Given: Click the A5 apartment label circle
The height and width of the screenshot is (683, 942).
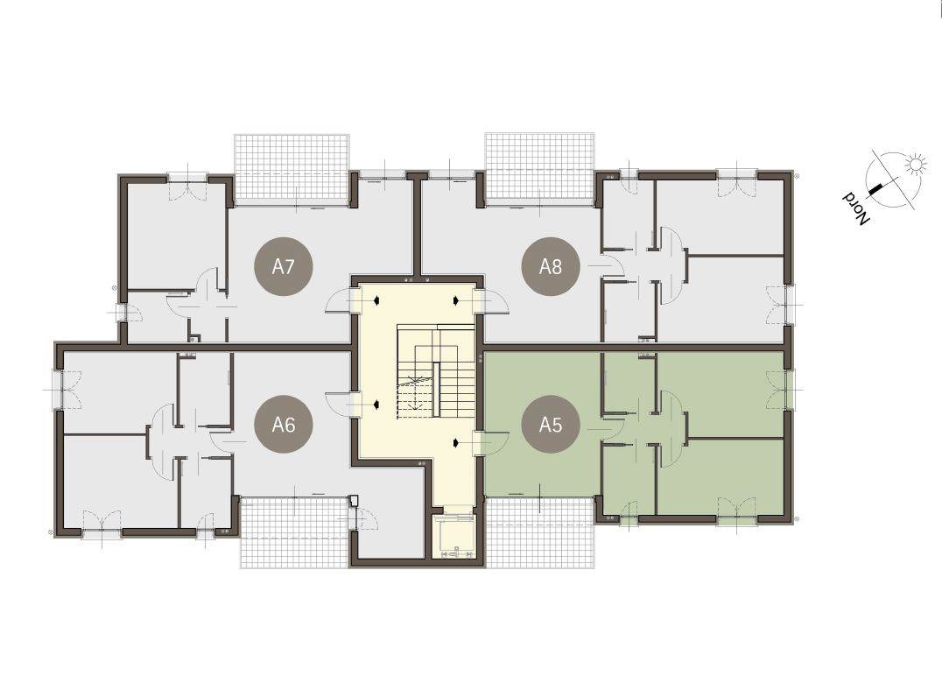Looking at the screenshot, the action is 551,424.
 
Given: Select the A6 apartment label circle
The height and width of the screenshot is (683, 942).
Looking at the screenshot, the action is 284,424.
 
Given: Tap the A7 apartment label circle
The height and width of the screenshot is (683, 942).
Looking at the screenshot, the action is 284,266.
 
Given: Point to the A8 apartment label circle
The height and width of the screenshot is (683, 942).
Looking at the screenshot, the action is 551,266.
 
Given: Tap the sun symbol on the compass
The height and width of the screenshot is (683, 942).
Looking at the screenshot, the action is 915,163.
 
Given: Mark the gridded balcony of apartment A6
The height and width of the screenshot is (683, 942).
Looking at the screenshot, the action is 295,532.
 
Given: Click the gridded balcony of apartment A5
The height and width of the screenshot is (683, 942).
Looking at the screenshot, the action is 539,532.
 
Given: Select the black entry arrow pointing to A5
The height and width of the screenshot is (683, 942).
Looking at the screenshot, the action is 456,443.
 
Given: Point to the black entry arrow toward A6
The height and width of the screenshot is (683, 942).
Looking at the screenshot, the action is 376,405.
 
